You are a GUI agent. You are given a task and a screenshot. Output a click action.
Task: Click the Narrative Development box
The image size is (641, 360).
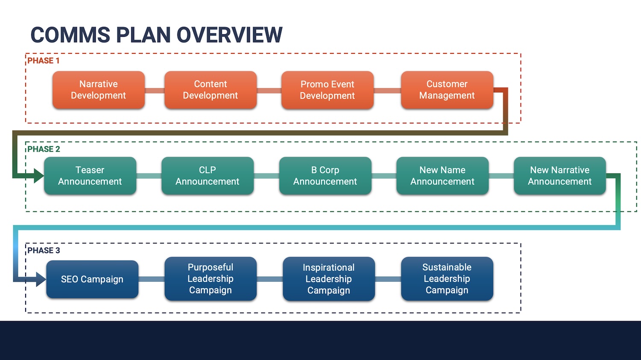click(98, 90)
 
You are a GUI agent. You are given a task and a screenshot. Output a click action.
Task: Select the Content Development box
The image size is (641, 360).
click(210, 90)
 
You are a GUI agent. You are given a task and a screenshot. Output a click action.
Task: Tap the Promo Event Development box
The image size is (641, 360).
click(327, 90)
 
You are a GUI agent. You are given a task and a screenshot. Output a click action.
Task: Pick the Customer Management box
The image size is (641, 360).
click(447, 90)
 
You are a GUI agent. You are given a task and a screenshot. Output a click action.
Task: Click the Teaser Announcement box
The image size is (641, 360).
click(90, 176)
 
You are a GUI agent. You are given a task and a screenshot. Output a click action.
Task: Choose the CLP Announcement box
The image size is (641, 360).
click(207, 176)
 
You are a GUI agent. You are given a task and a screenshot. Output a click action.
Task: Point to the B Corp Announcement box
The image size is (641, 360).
click(325, 176)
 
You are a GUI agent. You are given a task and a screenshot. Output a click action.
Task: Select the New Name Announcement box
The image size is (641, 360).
click(442, 176)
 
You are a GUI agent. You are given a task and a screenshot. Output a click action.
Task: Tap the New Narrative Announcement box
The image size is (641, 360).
click(559, 176)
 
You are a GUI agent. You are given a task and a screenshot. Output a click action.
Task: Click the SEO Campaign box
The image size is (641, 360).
click(92, 279)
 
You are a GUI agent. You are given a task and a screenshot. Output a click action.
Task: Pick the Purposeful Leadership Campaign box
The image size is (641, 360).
click(210, 278)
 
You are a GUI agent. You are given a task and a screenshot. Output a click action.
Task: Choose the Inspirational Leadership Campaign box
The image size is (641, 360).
click(329, 279)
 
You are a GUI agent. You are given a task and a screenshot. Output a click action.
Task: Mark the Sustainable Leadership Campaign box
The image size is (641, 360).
click(447, 278)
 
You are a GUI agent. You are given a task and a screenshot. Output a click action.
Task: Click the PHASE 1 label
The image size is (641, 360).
click(44, 61)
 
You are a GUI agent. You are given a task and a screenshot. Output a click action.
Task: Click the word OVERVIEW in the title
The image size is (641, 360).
click(229, 35)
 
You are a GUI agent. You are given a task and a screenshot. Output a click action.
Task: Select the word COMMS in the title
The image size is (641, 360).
click(70, 35)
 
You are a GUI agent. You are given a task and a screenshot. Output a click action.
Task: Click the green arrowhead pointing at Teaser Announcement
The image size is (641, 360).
click(39, 176)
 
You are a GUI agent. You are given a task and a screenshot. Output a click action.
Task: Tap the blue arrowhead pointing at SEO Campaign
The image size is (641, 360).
click(41, 279)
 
